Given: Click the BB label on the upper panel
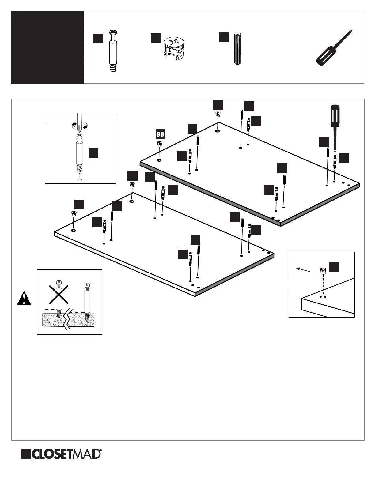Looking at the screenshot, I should (160, 134).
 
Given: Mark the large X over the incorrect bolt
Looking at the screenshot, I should (59, 293).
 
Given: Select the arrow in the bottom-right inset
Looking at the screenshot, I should (303, 269).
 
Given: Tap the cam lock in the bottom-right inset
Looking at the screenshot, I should (322, 271).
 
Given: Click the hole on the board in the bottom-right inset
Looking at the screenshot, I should (322, 297).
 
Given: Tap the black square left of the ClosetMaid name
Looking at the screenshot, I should (26, 454).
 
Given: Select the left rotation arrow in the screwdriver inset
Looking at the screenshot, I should (74, 124).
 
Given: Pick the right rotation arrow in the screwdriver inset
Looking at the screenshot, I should (85, 125).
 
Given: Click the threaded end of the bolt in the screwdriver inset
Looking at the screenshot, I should (79, 169).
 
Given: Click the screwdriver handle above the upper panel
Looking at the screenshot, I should (334, 115).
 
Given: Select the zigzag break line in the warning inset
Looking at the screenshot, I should (67, 318).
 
